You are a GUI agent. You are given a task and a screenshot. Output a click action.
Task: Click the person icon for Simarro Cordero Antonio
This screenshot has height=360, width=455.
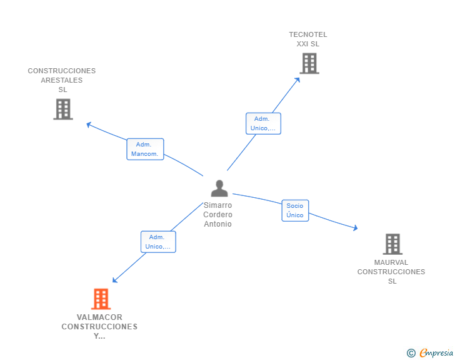[x=219, y=188]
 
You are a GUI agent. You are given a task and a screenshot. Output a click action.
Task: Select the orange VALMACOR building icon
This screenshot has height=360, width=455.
[x=101, y=299]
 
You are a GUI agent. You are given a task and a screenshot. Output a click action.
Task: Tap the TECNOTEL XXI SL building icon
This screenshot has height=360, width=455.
[x=309, y=63]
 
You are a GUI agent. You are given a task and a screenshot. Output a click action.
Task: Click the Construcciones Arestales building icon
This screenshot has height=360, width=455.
[x=63, y=109]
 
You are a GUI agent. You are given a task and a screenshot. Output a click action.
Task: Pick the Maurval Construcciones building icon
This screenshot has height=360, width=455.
[x=392, y=244]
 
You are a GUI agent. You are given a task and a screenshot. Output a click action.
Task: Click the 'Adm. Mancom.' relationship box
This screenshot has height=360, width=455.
[x=145, y=149]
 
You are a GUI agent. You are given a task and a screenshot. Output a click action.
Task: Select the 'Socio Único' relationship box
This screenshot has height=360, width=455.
[x=295, y=210]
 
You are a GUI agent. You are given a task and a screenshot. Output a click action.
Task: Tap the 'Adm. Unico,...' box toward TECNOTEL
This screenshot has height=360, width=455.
[x=263, y=123]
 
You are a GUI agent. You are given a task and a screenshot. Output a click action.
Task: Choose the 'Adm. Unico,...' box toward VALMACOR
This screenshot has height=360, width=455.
[x=158, y=242]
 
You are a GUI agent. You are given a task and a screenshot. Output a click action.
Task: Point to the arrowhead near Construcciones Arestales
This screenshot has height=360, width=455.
[x=89, y=125]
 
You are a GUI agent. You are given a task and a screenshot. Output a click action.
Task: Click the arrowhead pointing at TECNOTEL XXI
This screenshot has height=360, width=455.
[x=297, y=80]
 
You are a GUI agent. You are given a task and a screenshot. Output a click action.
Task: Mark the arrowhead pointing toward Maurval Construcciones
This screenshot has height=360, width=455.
[x=355, y=228]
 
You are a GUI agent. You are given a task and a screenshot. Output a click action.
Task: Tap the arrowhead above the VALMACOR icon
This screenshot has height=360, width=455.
[x=114, y=280]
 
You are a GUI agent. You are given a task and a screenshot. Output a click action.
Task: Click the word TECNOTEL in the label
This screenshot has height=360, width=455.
[x=308, y=34]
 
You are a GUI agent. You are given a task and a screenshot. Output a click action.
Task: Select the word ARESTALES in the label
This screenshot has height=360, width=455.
[x=61, y=80]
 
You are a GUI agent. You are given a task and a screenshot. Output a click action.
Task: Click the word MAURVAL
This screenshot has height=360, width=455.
[x=391, y=262]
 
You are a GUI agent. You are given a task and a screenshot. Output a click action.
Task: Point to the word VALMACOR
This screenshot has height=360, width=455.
[x=99, y=317]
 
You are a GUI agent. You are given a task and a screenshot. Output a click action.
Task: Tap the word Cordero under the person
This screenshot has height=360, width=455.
[x=217, y=215]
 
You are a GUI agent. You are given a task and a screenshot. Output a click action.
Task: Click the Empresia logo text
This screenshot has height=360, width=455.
[x=436, y=353]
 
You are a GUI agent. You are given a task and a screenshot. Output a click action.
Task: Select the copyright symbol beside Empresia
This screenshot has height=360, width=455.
[x=411, y=353]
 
